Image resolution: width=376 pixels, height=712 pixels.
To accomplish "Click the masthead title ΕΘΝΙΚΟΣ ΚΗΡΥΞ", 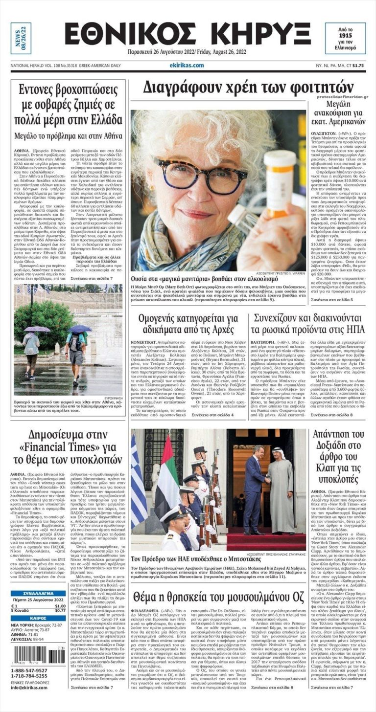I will tap(188, 35).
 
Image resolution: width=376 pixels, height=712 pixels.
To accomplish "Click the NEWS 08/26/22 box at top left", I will tap(21, 38).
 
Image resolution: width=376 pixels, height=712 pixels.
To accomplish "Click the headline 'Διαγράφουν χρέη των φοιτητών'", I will tap(248, 87).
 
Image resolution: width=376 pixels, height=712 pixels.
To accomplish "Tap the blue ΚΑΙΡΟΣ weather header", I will tap(38, 618).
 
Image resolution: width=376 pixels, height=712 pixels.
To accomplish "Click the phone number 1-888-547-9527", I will tap(29, 670).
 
